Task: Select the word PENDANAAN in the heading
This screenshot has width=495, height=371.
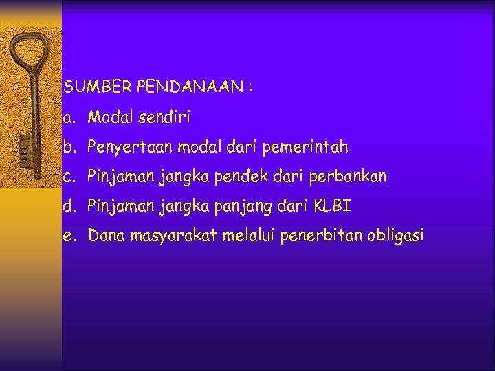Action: [190, 87]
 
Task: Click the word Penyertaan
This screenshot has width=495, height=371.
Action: [130, 147]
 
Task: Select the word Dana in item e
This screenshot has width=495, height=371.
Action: [104, 236]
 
